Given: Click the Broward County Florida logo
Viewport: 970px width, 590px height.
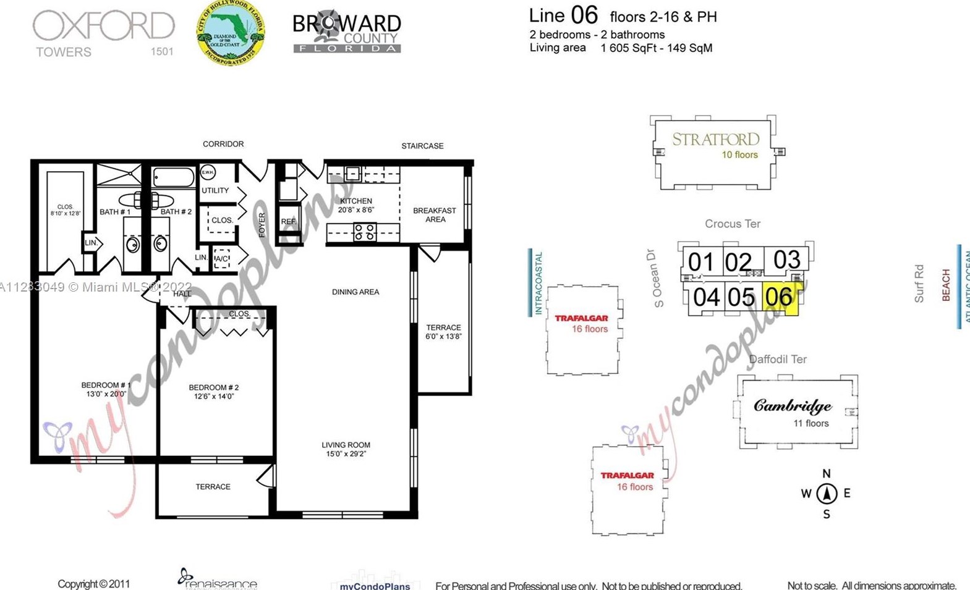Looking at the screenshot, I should tap(346, 32).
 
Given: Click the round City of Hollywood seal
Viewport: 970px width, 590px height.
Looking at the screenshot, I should tap(231, 33).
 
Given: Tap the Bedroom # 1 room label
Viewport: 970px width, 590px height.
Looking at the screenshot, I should tap(106, 389).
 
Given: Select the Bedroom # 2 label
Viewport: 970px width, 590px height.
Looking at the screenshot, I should tap(213, 392).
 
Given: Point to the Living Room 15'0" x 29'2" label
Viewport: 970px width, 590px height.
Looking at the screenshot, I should tap(346, 449).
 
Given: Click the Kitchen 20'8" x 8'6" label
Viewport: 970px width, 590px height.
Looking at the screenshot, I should tap(356, 205).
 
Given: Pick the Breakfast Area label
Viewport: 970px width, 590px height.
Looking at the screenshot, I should tap(435, 214).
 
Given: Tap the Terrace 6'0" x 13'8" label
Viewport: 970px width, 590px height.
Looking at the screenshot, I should tap(443, 332).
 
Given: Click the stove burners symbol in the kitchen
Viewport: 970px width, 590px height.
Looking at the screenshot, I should tap(364, 232).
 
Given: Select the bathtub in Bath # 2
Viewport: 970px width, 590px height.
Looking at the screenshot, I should tap(174, 178).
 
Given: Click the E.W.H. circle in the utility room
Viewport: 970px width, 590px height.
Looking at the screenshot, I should tap(208, 172).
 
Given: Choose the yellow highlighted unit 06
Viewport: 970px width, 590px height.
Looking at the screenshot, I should tap(780, 298).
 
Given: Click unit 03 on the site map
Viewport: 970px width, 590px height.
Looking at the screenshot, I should tap(786, 260).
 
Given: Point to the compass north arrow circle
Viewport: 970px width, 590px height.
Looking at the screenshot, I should tap(827, 494).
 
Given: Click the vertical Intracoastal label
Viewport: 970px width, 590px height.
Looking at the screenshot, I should tap(538, 282).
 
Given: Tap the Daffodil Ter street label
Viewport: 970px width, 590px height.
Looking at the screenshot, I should tap(777, 360).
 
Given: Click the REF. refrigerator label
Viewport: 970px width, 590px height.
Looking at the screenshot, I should tap(288, 222).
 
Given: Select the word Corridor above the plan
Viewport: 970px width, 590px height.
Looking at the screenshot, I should tap(223, 144).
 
